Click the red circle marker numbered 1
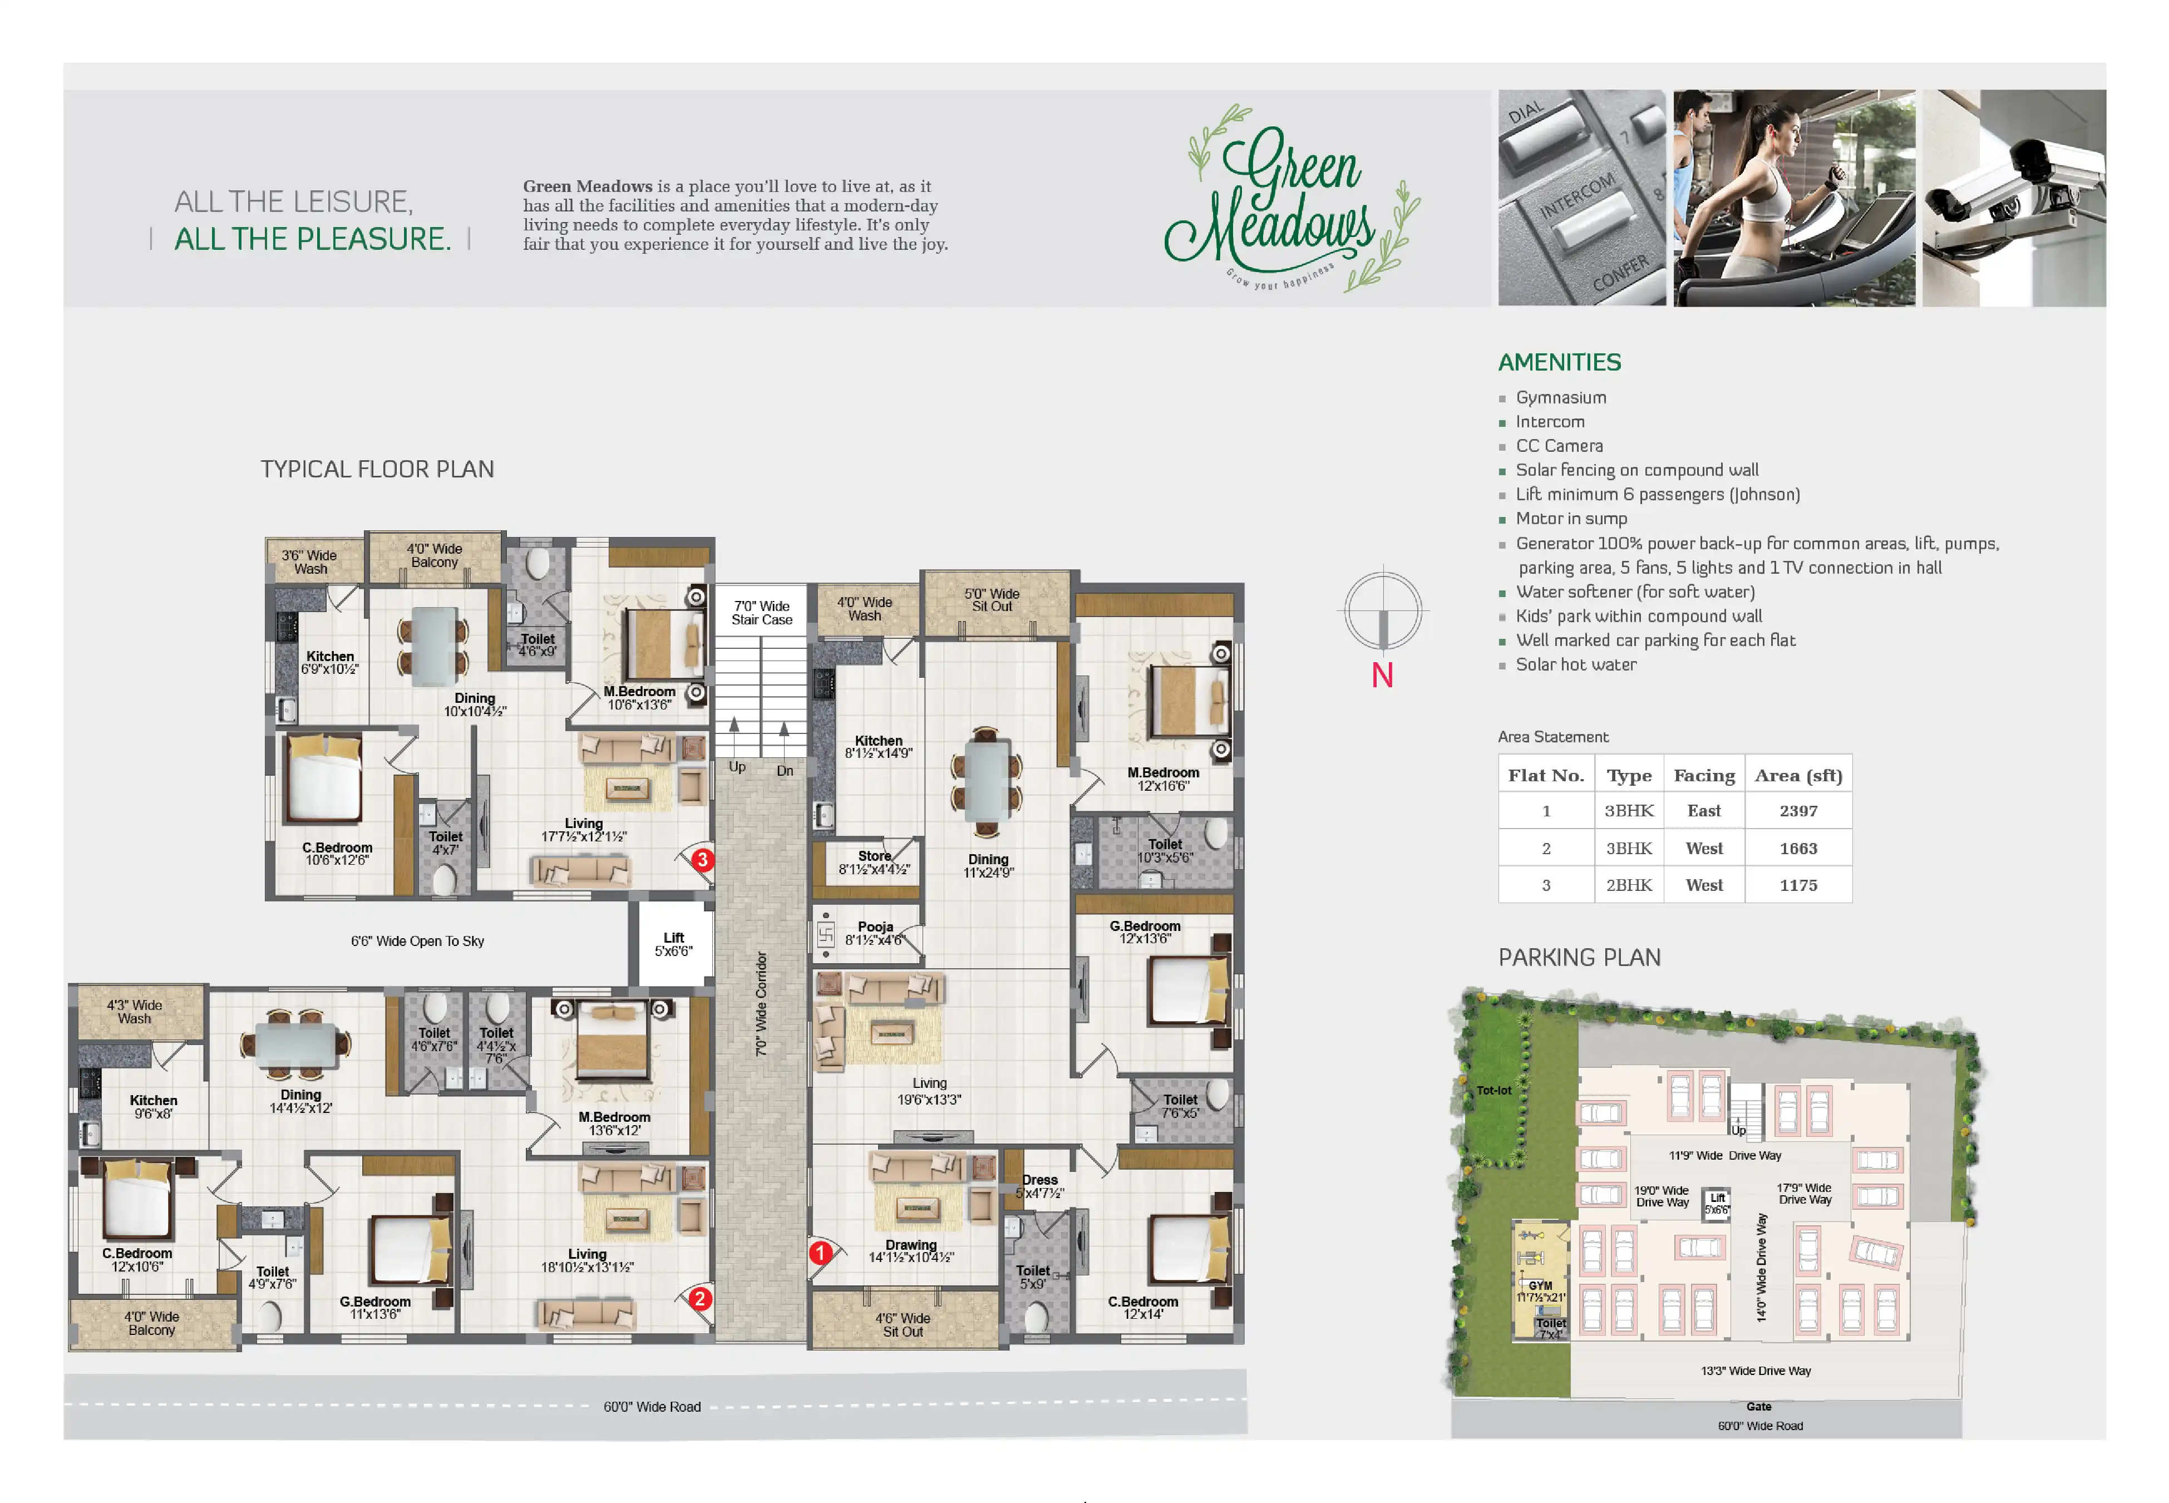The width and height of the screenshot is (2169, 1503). pyautogui.click(x=820, y=1253)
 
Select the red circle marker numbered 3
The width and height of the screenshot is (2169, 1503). pyautogui.click(x=701, y=859)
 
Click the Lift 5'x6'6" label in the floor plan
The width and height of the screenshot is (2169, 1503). pyautogui.click(x=673, y=944)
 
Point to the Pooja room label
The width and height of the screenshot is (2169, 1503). pyautogui.click(x=875, y=932)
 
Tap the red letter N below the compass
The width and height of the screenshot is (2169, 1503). pyautogui.click(x=1381, y=674)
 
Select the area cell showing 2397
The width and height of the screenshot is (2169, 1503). pyautogui.click(x=1797, y=810)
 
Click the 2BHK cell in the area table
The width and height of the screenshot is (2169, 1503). pyautogui.click(x=1628, y=884)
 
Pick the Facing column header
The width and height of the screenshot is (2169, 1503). pyautogui.click(x=1703, y=775)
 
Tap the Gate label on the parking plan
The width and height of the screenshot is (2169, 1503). pyautogui.click(x=1758, y=1406)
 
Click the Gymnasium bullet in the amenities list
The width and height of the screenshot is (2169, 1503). pyautogui.click(x=1560, y=397)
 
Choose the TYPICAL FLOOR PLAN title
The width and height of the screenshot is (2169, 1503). pyautogui.click(x=377, y=469)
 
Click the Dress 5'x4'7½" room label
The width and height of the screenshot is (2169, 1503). pyautogui.click(x=1039, y=1186)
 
